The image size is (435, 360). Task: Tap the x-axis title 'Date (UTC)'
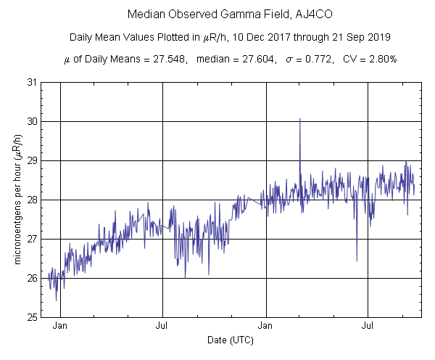pos(229,340)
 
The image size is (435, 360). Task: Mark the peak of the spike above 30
pos(300,118)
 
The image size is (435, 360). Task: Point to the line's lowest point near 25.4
pos(56,300)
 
